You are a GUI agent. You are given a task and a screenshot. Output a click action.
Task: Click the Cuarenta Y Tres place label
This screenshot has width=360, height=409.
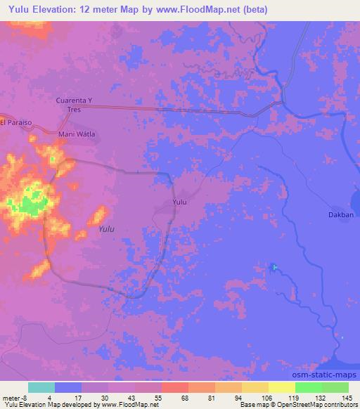click(x=75, y=105)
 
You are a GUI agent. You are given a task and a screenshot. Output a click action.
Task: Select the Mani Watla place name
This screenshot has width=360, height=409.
click(x=77, y=134)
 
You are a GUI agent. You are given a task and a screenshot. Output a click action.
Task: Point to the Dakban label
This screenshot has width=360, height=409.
click(x=340, y=215)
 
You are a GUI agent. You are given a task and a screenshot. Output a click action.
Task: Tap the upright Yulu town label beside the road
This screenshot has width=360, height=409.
click(x=180, y=202)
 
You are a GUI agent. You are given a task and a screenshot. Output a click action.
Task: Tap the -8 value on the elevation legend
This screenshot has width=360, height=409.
click(x=27, y=397)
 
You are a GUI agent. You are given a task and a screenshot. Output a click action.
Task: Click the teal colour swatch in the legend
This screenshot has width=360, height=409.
click(x=41, y=387)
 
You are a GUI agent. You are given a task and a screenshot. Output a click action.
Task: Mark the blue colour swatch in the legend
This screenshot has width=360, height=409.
click(x=68, y=387)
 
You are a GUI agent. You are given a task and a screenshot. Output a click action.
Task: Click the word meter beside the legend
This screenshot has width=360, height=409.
click(x=11, y=397)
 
